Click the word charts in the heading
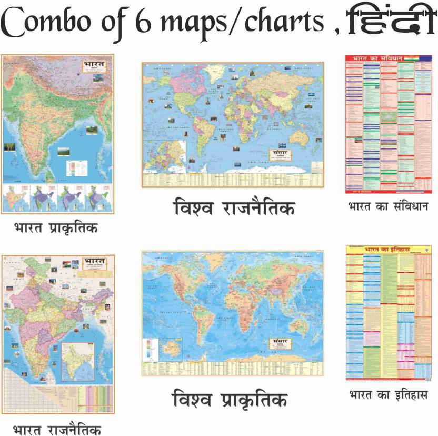pos(287,23)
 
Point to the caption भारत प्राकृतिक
pos(56,228)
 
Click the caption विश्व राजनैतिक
pos(234,207)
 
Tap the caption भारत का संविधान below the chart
pos(388,206)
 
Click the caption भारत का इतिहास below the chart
pos(388,394)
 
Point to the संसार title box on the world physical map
pos(277,343)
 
